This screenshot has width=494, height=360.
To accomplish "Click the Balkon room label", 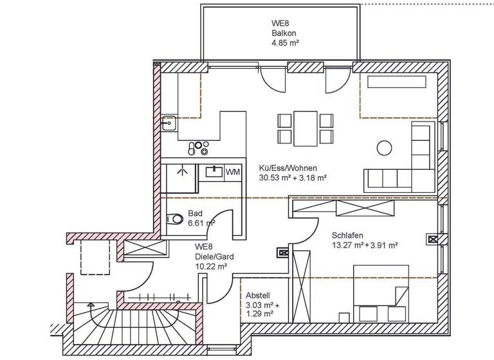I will [x=283, y=33].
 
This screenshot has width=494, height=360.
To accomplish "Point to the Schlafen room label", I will [x=347, y=235].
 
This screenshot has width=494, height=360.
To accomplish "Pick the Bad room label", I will [x=195, y=213].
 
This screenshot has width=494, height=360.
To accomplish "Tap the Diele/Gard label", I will [x=210, y=256].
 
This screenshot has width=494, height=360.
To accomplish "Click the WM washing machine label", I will [x=233, y=172].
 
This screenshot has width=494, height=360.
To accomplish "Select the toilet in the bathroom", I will [x=174, y=219].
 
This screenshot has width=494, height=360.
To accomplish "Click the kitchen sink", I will [x=168, y=122].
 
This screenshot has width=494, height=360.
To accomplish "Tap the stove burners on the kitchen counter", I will [x=198, y=148].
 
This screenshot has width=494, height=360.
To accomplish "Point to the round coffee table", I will [x=384, y=147].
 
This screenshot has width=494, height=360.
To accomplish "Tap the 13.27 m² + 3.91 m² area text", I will [x=365, y=245].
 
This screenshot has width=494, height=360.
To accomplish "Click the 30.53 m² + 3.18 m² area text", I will [x=293, y=177].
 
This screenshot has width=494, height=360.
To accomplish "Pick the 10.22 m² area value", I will [x=212, y=265].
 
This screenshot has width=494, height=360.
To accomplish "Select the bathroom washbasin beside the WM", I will [x=214, y=172].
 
